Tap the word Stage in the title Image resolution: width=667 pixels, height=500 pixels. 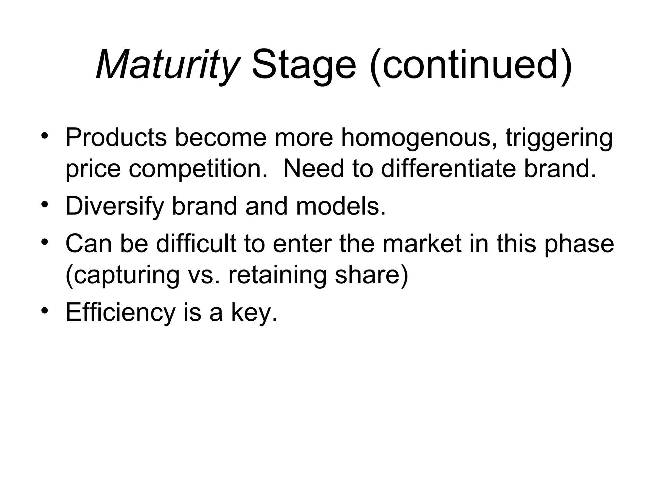(x=304, y=64)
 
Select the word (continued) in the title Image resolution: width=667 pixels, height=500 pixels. (x=471, y=64)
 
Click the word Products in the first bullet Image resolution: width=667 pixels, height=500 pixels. (x=116, y=137)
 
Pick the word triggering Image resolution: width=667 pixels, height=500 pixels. (x=559, y=138)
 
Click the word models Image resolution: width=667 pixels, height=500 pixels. (x=341, y=206)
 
